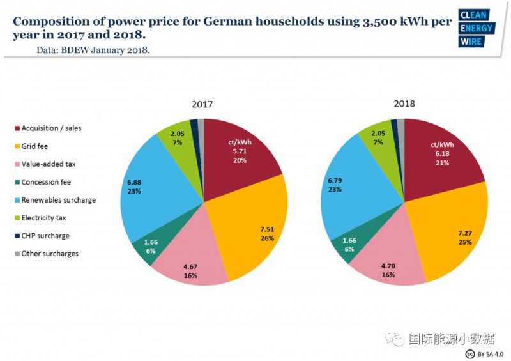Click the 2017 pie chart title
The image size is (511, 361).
click(x=202, y=104)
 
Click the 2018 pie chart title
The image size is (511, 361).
click(x=404, y=104)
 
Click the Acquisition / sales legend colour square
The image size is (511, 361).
click(x=17, y=128)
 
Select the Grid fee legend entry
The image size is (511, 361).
click(x=36, y=146)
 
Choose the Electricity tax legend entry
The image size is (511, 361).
click(x=43, y=218)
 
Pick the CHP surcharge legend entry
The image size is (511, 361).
click(x=45, y=236)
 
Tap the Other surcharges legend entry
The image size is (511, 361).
click(x=50, y=254)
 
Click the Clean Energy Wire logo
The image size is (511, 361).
click(x=477, y=28)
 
